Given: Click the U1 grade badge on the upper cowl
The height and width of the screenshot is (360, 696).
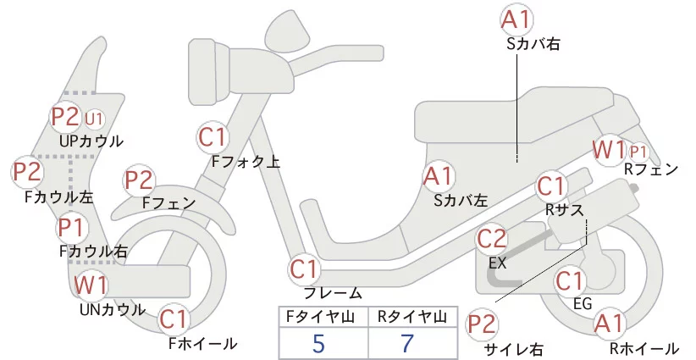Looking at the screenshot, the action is pyautogui.click(x=94, y=119).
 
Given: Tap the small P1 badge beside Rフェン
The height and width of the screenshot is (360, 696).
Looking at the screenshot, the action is pyautogui.click(x=638, y=152).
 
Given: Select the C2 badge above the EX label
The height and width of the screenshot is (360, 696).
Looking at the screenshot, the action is pyautogui.click(x=492, y=239).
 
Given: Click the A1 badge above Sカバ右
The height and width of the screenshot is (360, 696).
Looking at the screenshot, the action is pyautogui.click(x=516, y=19).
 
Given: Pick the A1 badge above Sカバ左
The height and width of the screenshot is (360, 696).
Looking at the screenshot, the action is pyautogui.click(x=439, y=176).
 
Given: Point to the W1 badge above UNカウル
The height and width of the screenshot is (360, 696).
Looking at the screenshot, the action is pyautogui.click(x=91, y=285).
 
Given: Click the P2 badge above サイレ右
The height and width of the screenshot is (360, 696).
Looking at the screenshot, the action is pyautogui.click(x=482, y=324).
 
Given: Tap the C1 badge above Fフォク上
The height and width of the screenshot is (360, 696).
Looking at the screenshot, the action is pyautogui.click(x=213, y=137).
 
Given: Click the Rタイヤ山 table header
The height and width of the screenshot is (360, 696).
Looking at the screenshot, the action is pyautogui.click(x=412, y=317).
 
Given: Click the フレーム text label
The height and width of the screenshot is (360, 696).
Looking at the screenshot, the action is pyautogui.click(x=333, y=293).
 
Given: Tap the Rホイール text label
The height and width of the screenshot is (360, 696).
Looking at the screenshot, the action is pyautogui.click(x=644, y=348).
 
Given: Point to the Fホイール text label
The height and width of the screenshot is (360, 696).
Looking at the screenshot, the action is pyautogui.click(x=203, y=343).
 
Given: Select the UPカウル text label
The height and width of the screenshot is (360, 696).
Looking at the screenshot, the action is pyautogui.click(x=91, y=141).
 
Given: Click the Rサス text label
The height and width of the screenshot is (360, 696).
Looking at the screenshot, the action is pyautogui.click(x=565, y=209).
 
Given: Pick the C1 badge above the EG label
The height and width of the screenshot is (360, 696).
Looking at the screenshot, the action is pyautogui.click(x=570, y=280).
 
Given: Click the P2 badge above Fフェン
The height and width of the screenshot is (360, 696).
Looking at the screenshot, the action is pyautogui.click(x=140, y=180).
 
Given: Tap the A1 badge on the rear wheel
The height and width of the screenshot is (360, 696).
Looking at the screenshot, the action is pyautogui.click(x=610, y=324).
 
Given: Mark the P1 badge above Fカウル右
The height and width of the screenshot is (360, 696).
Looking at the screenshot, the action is pyautogui.click(x=71, y=227).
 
